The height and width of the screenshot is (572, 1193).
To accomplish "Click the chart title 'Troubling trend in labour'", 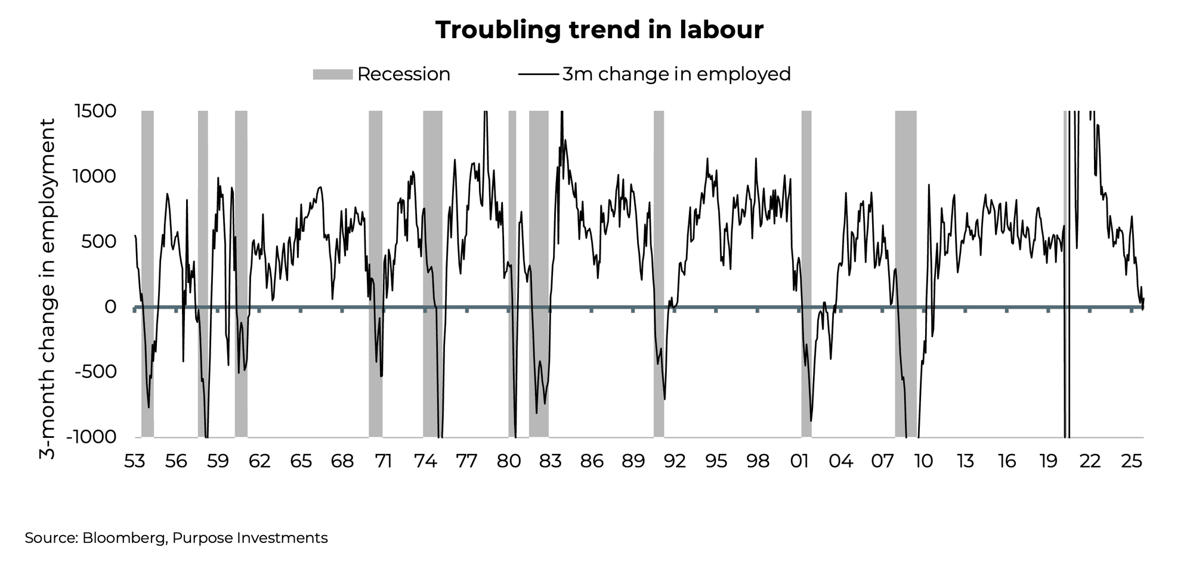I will point(599,30).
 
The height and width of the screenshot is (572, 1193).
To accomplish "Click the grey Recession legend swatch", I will point(333,74).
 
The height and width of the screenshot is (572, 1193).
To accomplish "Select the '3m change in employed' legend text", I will point(676,74).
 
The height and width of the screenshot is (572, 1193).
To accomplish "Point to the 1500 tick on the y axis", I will point(95,111).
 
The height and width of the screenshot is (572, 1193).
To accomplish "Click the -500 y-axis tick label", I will point(95,372).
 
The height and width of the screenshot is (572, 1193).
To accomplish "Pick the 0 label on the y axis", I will point(110,307).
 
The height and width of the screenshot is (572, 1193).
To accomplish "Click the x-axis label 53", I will point(135,461).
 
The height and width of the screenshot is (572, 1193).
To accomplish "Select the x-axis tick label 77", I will point(466,461).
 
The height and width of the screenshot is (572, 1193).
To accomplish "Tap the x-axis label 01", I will point(799,461).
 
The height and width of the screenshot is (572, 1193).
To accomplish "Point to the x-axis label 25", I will point(1132,461).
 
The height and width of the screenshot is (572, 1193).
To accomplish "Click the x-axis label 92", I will point(675,461).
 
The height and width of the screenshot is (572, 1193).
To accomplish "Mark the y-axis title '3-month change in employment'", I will point(48,289).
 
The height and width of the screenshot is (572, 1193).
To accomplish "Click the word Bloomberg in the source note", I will point(124,538).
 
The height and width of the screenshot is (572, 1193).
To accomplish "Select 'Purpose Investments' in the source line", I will point(250,538).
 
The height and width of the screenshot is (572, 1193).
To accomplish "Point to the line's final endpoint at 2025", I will point(1143,300).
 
